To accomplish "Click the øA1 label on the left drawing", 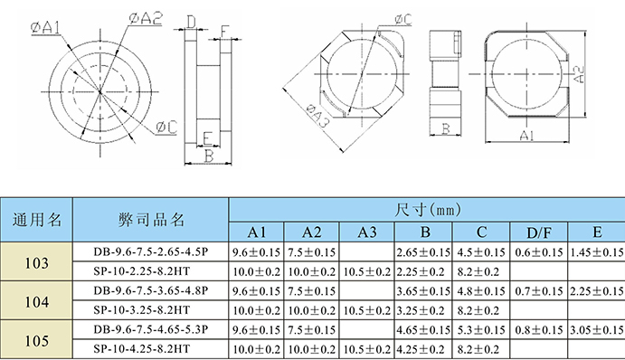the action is (46, 27).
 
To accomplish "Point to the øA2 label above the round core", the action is (146, 18).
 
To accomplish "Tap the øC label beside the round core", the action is (166, 128).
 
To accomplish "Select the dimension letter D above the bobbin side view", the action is (192, 22).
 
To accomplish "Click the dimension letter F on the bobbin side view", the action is (225, 32).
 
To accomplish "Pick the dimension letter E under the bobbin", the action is (207, 138).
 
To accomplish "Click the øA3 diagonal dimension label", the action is (317, 117).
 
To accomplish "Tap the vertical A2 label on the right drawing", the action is (579, 74).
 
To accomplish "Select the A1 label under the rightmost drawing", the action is (526, 136).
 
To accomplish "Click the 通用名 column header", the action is (37, 220).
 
